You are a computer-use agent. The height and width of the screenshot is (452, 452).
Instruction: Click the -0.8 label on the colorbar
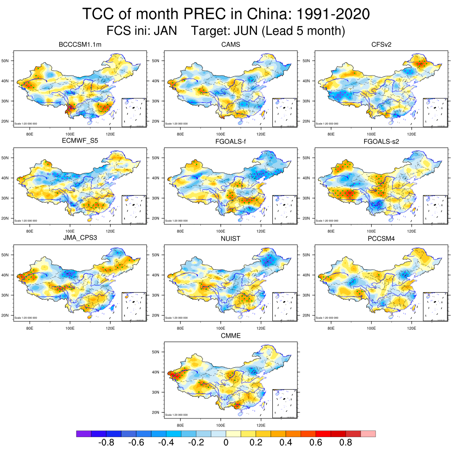pyautogui.click(x=106, y=442)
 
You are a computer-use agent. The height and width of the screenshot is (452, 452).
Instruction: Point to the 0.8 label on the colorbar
pyautogui.click(x=346, y=442)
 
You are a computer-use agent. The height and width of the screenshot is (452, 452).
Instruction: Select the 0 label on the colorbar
pyautogui.click(x=226, y=442)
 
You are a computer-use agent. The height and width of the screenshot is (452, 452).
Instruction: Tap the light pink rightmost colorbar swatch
pyautogui.click(x=368, y=433)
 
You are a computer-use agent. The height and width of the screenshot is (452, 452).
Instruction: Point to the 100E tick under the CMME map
pyautogui.click(x=220, y=425)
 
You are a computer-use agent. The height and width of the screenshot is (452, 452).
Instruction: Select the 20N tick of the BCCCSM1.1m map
pyautogui.click(x=7, y=121)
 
